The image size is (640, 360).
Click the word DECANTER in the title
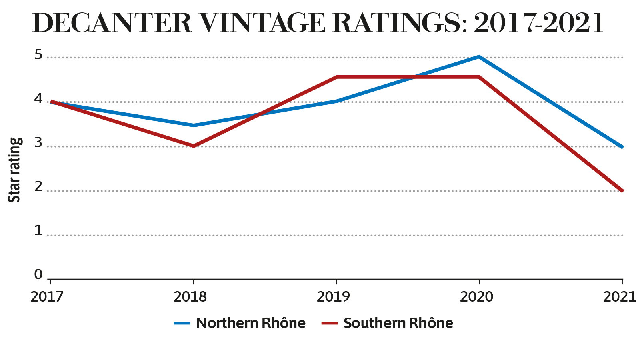112,23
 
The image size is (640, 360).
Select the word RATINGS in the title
396,23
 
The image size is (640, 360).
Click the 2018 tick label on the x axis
190,297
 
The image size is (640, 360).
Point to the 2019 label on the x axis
333,297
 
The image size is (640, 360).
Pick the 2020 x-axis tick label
476,297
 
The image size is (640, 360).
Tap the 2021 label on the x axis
620,297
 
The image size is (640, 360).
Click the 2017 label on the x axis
47,297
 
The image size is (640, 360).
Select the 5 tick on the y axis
38,54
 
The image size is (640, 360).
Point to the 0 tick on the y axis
38,274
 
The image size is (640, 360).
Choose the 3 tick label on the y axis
38,143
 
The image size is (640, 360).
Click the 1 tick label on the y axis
38,231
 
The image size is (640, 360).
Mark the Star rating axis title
14,170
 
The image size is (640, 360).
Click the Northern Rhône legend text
251,323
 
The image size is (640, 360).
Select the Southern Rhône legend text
398,323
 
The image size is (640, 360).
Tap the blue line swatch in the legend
182,323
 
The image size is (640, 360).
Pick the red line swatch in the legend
330,323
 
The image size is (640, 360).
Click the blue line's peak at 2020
479,57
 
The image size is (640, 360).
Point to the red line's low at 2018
194,146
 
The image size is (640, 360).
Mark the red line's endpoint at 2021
622,190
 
